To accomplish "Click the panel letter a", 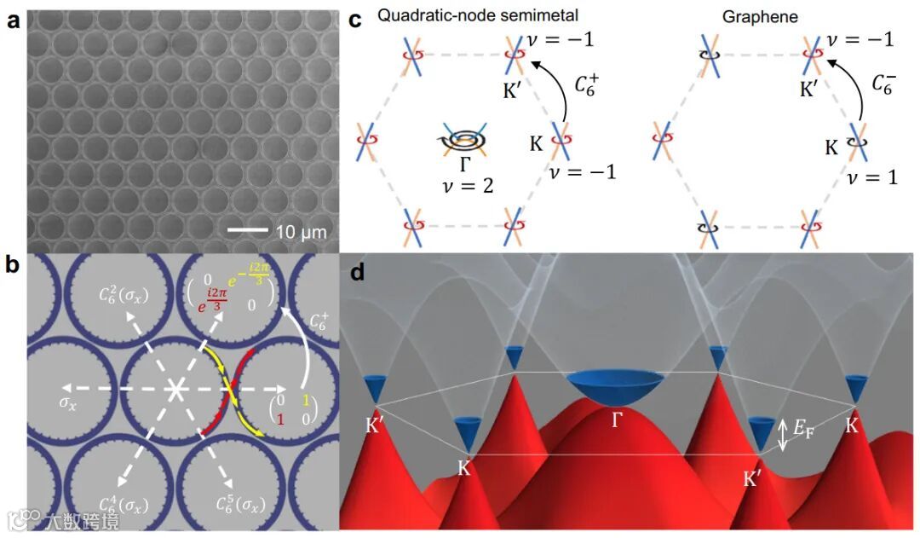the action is coord(14,22).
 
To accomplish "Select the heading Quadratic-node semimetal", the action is coord(454,14).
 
